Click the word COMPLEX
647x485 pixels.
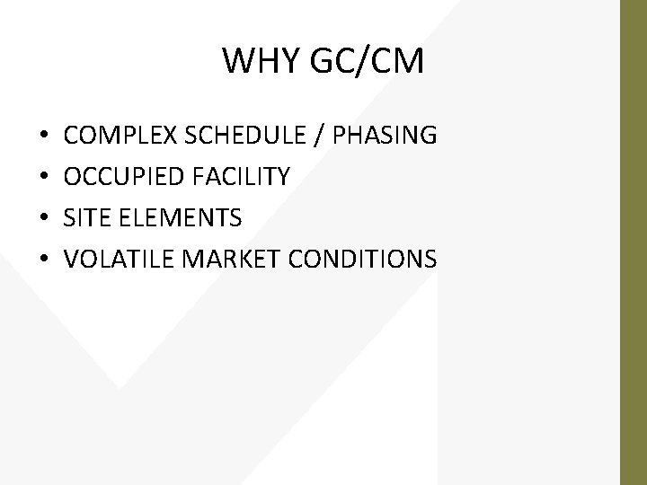click(121, 136)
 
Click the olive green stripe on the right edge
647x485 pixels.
click(634, 242)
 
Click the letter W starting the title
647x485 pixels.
click(236, 62)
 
